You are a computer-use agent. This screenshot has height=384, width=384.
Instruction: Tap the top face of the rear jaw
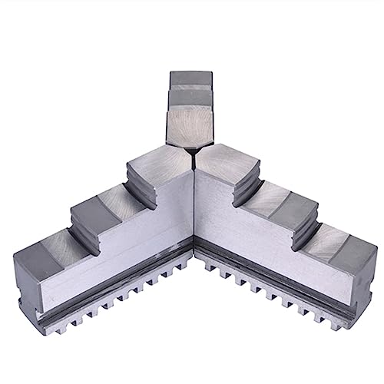click(x=190, y=80)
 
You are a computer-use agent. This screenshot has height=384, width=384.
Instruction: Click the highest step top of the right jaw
click(x=230, y=161)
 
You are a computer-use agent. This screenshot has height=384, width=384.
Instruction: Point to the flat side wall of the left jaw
click(x=123, y=253)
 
